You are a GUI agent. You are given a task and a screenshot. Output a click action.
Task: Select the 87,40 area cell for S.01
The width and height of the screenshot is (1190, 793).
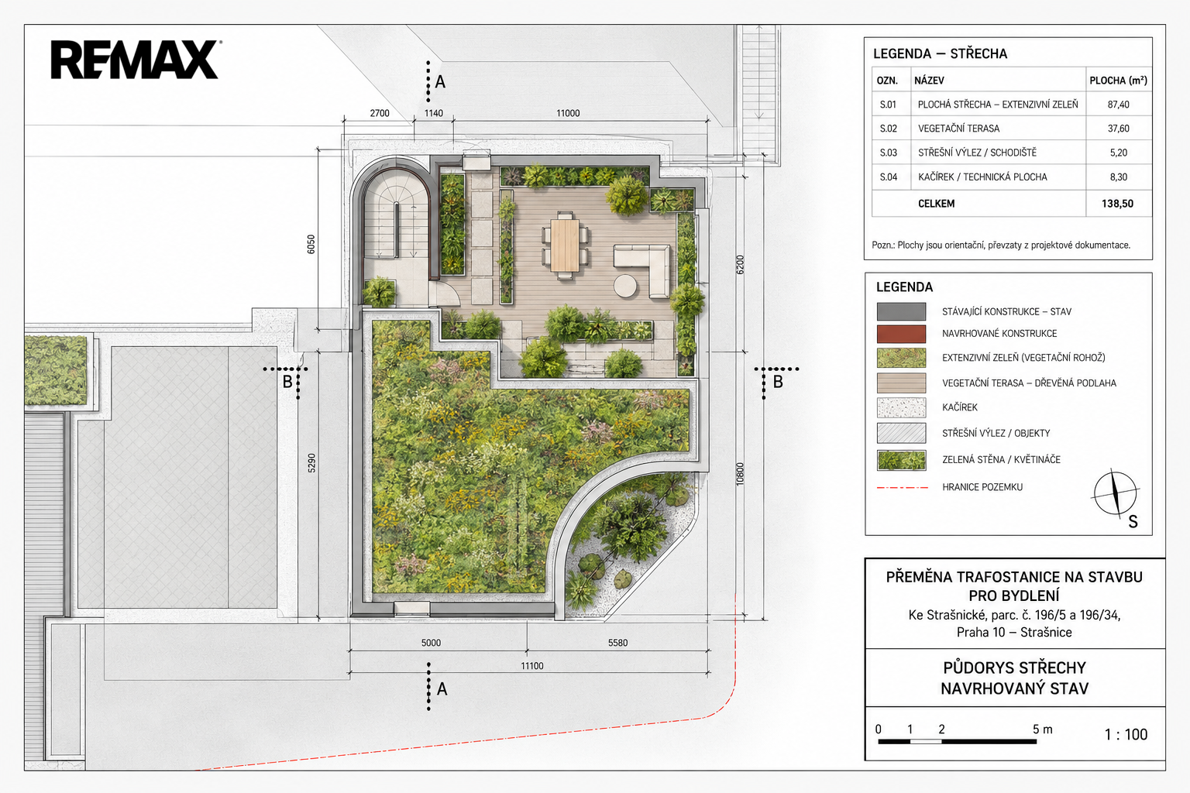1118,105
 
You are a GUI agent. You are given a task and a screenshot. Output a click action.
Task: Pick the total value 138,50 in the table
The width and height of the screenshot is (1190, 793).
1117,204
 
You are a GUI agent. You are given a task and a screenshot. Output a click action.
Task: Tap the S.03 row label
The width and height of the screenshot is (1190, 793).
889,153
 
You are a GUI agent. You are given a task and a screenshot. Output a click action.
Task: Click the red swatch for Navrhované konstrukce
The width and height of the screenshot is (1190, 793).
901,334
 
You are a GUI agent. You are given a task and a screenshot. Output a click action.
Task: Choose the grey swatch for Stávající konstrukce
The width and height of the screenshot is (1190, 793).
901,311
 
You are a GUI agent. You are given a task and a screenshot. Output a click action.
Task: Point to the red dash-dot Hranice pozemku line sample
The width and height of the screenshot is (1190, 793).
902,487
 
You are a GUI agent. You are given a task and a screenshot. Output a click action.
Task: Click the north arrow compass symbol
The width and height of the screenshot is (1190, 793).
1116,493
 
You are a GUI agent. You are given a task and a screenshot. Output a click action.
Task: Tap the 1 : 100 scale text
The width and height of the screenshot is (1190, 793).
1126,735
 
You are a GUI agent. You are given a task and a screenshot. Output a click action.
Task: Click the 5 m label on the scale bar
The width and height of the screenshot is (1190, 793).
1042,729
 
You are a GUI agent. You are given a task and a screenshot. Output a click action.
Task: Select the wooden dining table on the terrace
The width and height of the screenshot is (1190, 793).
565,245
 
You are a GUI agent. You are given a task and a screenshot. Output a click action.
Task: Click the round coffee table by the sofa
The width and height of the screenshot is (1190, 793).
625,286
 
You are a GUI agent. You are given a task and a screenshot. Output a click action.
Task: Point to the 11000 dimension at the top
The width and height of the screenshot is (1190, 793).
568,113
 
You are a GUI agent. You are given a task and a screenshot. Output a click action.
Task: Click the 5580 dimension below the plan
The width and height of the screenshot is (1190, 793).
617,643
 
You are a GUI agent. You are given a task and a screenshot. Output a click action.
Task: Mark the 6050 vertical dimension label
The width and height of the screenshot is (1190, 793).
311,244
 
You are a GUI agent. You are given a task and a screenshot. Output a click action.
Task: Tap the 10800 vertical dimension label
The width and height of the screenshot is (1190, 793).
740,474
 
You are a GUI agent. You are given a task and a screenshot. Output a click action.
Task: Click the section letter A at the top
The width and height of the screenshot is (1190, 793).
440,82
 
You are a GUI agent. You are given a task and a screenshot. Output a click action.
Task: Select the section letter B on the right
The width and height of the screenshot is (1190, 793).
778,381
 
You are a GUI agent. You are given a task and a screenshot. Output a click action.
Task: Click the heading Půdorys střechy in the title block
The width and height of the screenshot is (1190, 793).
1015,668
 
